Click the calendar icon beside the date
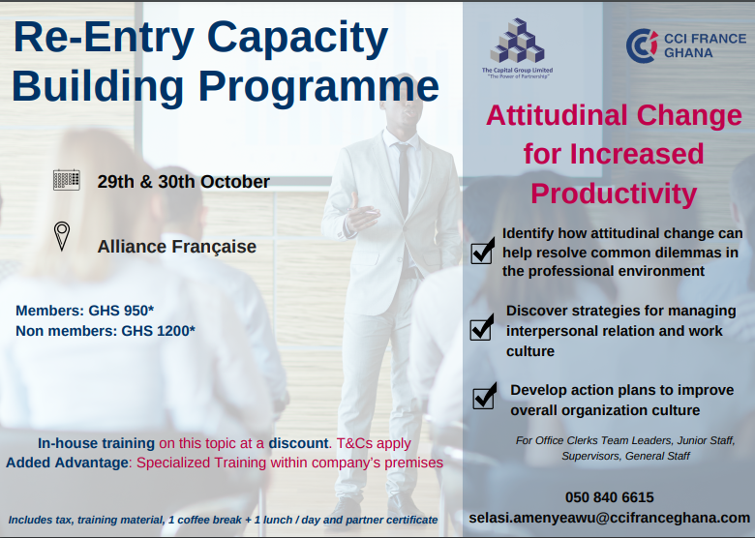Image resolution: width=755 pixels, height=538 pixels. [67, 180]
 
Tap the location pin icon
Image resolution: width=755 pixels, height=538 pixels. [62, 236]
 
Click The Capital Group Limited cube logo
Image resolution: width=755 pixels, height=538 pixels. [517, 41]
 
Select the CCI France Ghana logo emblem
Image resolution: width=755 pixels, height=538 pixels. [642, 45]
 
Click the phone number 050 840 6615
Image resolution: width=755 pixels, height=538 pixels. [609, 497]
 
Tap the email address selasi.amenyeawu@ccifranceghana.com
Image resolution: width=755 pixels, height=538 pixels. [609, 518]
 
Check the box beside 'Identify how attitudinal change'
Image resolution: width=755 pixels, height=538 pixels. [482, 252]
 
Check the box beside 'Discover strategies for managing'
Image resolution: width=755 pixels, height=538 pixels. [481, 328]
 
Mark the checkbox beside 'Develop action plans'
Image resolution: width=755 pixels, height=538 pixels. [484, 397]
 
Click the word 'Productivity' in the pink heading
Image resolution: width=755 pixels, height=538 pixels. [614, 194]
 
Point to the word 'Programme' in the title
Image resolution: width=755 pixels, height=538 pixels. [318, 87]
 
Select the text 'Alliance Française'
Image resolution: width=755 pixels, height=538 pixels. [177, 247]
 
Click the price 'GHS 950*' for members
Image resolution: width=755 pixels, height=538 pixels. [121, 311]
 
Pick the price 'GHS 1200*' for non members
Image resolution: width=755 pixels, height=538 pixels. [158, 331]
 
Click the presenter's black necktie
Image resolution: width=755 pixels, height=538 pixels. [404, 179]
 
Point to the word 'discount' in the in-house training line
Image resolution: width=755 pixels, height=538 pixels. [298, 443]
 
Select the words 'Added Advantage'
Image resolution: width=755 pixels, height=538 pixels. [67, 463]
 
